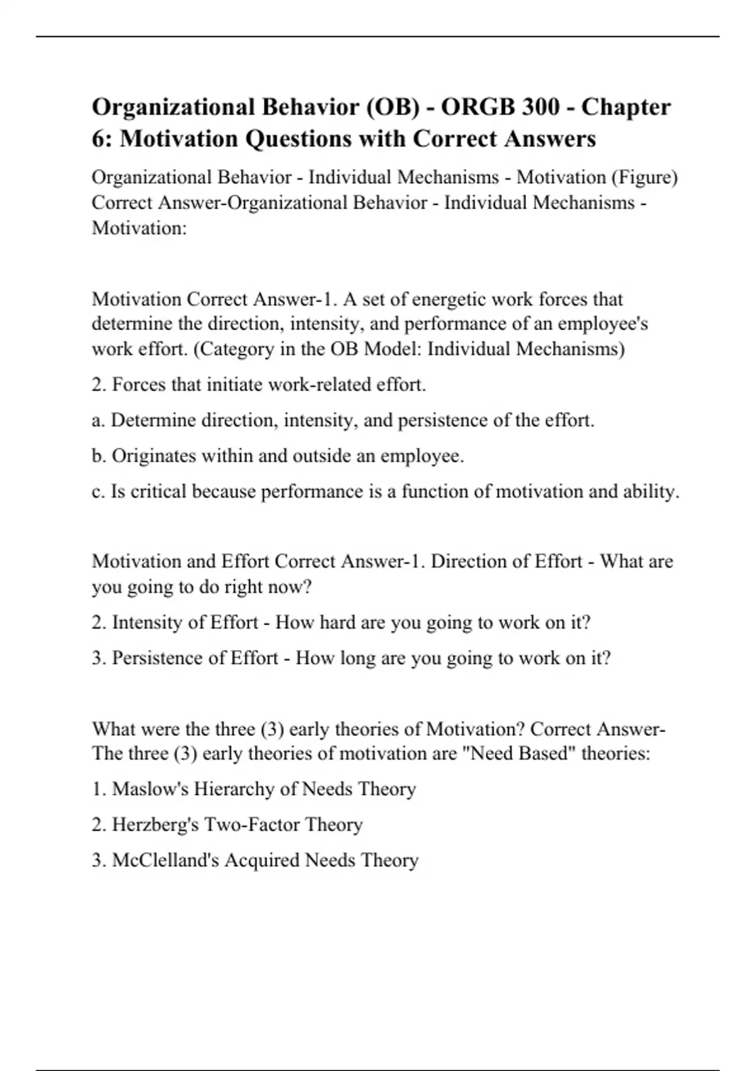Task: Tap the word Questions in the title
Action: tap(301, 139)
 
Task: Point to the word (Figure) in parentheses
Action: tap(644, 178)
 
